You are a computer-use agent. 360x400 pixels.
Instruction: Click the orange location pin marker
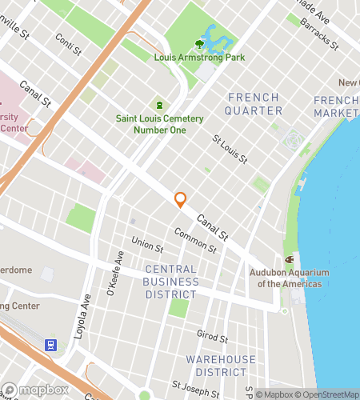coord(181,200)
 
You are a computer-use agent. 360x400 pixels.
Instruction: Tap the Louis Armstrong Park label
coord(199,57)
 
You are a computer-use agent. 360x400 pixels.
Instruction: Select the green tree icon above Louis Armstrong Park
coord(199,44)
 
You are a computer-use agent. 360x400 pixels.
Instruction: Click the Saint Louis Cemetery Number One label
coord(159,125)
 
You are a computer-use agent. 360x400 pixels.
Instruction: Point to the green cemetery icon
coord(159,105)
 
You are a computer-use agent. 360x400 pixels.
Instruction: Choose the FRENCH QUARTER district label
coord(254,104)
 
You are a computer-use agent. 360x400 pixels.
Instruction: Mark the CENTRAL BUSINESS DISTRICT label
coord(171,282)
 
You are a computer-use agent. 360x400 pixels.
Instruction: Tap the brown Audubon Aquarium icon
coord(290,259)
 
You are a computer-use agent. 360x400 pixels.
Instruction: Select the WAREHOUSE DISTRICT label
coord(222,366)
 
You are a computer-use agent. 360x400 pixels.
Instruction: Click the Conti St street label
coord(69,43)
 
